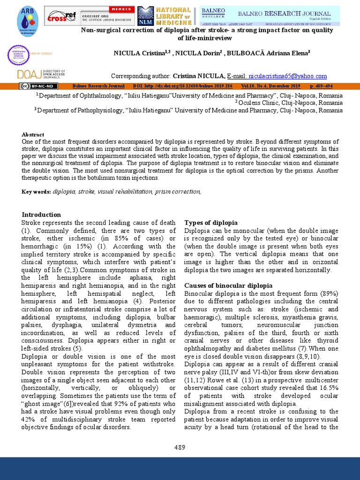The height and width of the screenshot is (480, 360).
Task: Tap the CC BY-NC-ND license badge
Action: pos(38,86)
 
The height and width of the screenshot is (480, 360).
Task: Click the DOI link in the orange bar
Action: pos(183,86)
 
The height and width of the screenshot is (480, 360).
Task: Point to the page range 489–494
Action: pos(321,86)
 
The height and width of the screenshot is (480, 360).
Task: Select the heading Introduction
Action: pos(41,215)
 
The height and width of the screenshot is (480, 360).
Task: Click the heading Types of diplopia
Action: pos(210,223)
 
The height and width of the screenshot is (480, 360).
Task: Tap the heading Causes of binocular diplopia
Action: pos(228,285)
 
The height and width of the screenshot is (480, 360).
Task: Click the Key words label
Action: pos(37,192)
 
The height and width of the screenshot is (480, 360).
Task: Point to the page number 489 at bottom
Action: pos(180,447)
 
